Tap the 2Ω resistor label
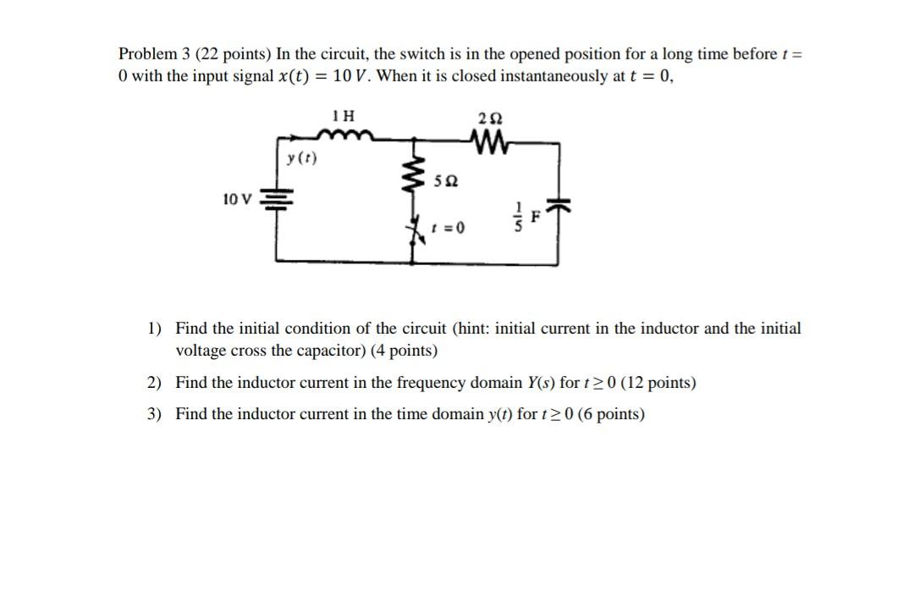(488, 116)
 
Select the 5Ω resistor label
(445, 181)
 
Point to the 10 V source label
(237, 199)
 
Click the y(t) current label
(301, 158)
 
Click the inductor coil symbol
(340, 134)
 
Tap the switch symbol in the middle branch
(416, 230)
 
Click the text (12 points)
(658, 383)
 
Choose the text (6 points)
(610, 414)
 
